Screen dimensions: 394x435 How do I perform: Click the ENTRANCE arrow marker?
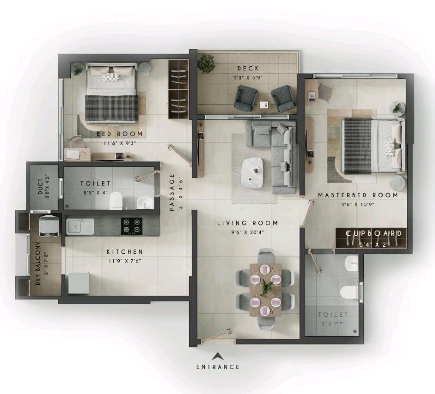(217, 356)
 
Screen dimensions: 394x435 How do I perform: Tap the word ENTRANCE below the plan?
(218, 367)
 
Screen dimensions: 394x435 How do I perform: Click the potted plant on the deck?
(206, 63)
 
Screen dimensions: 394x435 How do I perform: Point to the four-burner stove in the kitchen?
(131, 226)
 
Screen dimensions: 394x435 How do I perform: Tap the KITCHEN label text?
(125, 252)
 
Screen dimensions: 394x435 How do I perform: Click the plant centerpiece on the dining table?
(265, 288)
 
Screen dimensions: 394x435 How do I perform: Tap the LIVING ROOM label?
(248, 223)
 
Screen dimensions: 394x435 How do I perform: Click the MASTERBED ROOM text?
(358, 195)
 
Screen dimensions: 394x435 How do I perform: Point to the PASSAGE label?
(172, 192)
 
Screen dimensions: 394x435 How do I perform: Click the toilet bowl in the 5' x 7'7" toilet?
(348, 292)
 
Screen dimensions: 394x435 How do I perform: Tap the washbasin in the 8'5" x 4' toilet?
(144, 202)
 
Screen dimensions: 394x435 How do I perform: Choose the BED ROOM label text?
(120, 134)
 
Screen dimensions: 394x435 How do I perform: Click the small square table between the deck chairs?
(264, 105)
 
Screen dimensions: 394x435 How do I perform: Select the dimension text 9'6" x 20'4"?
(248, 232)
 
